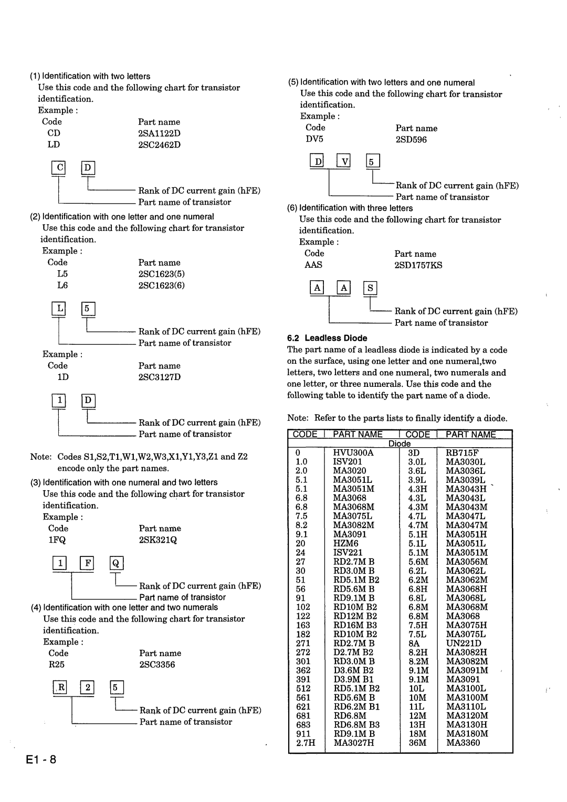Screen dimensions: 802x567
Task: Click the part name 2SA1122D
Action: tap(159, 133)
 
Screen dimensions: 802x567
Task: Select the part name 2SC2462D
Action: tap(159, 145)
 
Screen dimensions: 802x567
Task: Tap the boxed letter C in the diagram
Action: tap(59, 168)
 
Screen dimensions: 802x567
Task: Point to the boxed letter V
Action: tap(344, 161)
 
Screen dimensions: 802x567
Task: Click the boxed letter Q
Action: tap(116, 564)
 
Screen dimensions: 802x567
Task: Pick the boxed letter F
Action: tap(87, 564)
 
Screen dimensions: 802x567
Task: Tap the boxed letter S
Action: tap(370, 288)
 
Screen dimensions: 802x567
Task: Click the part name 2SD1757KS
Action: tap(418, 266)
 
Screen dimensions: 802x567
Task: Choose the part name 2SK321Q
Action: tap(158, 540)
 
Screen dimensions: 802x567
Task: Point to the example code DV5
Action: tap(314, 140)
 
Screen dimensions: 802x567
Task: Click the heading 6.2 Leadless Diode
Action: tap(327, 338)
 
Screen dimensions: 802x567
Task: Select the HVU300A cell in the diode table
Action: tap(353, 452)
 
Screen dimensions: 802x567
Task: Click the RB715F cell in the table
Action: tap(462, 452)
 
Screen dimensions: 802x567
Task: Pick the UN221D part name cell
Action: tap(464, 643)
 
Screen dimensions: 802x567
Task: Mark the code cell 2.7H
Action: tap(306, 743)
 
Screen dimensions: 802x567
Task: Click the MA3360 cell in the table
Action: tap(463, 743)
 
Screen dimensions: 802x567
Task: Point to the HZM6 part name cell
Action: tap(346, 544)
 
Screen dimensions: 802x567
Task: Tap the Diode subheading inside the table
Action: tap(400, 444)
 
